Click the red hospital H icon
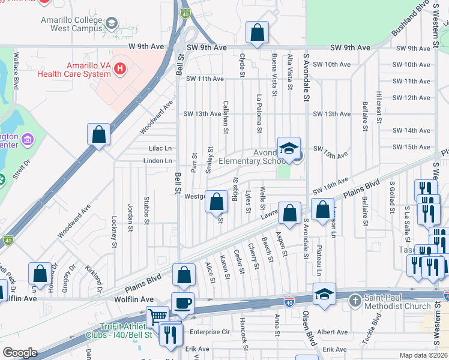coord(121,69)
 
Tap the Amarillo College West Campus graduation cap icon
coord(111,23)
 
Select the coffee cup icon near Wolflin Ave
coord(182,303)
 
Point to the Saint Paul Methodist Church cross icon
coord(355,299)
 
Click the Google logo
coord(20,353)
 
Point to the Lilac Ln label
coord(160,148)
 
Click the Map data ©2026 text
coord(424,355)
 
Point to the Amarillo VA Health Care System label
coord(74,70)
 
